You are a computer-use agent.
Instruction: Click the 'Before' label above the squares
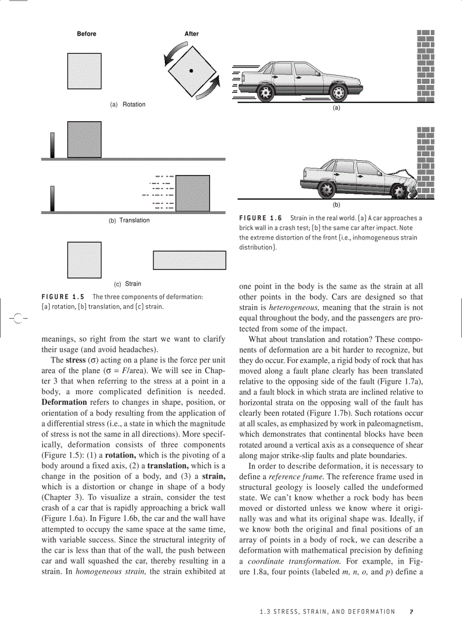tap(87, 34)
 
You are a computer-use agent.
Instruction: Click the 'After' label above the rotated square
tap(191, 34)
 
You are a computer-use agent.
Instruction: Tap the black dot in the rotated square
tap(191, 71)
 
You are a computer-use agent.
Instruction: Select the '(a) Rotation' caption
tap(127, 105)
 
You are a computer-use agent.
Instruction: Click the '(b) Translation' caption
tap(129, 220)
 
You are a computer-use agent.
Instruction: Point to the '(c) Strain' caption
tap(127, 284)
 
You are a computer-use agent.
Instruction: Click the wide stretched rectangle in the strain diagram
tap(189, 260)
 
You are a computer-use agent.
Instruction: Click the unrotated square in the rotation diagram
tap(84, 71)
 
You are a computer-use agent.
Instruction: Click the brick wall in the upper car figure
tap(426, 65)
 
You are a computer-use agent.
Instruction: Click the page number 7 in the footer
tap(412, 612)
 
